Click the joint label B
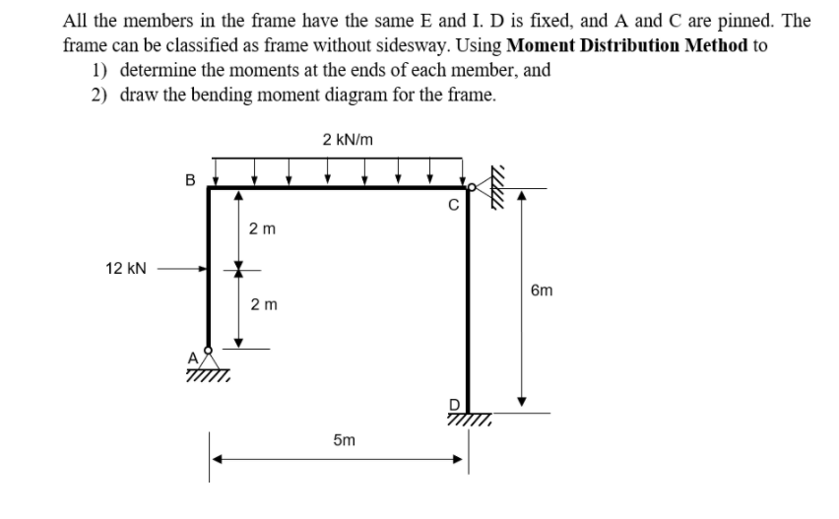[190, 180]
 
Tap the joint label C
[453, 206]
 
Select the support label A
[193, 357]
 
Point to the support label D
[454, 404]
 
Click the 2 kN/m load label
[348, 140]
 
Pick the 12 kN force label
[126, 269]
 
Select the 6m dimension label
[542, 291]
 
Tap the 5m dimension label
[344, 440]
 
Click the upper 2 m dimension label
[262, 229]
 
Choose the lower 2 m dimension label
[264, 305]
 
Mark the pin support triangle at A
[209, 359]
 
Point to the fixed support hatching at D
[470, 419]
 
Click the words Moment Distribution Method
[627, 46]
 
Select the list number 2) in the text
[98, 96]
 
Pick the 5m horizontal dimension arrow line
[338, 459]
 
